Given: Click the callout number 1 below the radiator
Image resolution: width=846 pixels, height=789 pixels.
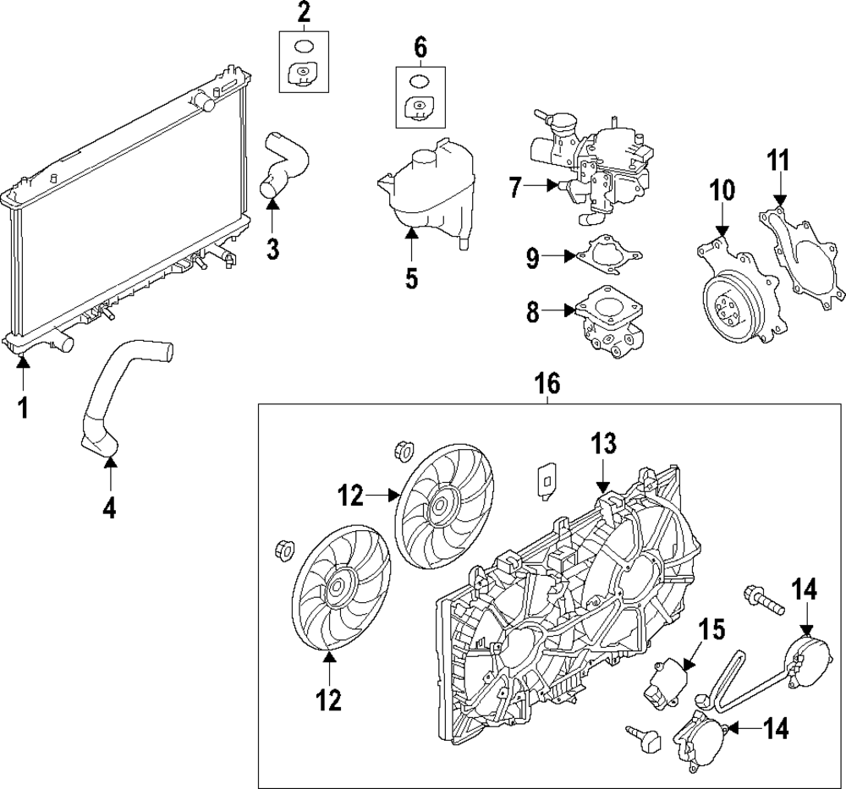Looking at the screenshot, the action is coord(23,408).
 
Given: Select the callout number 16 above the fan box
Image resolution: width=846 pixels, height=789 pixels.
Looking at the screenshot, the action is coord(547,385).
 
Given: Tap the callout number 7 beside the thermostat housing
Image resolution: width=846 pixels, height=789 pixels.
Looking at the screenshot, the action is coord(516,187).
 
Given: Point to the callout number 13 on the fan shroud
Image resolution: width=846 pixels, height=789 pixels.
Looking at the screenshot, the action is coord(602,444).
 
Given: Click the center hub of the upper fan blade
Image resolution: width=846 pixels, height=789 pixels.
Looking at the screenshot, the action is coord(437,507).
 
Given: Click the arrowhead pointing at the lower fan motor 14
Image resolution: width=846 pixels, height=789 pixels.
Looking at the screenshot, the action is coord(733,728).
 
